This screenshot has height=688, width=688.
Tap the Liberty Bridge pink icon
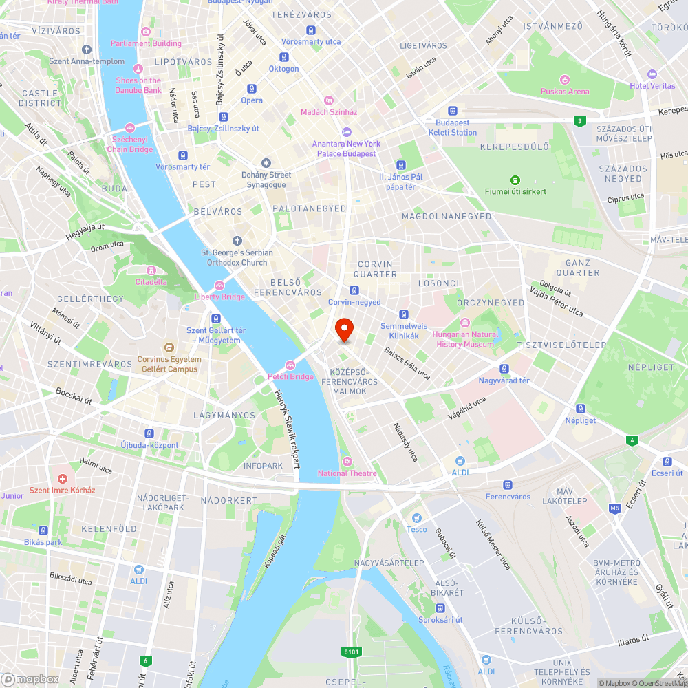[219, 286]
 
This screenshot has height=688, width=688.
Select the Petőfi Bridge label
[290, 376]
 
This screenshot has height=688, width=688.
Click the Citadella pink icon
[151, 270]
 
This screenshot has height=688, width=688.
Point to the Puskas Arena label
[565, 91]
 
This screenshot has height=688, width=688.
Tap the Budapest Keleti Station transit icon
[453, 111]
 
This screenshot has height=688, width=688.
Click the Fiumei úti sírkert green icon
[515, 180]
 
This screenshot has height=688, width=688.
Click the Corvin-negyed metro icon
[354, 290]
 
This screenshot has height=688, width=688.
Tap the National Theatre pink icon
[347, 461]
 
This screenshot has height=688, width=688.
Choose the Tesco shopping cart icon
[416, 517]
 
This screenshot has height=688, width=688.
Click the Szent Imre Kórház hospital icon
[63, 478]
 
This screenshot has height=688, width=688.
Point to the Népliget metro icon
[580, 408]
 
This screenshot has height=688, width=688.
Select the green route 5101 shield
[351, 652]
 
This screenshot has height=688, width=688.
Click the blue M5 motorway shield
[614, 508]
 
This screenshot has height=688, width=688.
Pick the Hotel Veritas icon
[652, 74]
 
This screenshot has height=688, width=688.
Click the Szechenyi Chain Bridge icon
[130, 127]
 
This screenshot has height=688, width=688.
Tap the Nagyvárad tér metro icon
[504, 369]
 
